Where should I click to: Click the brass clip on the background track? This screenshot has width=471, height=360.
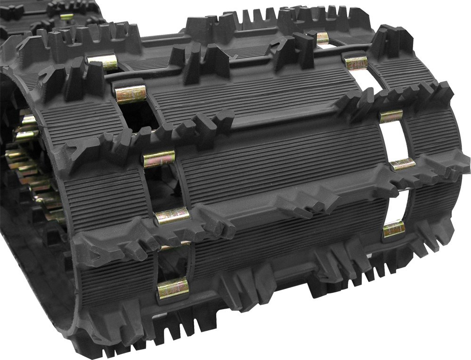pyautogui.click(x=67, y=17)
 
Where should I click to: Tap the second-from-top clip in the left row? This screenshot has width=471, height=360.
pyautogui.click(x=131, y=95)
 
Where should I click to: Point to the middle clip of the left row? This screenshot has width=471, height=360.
pyautogui.click(x=159, y=159)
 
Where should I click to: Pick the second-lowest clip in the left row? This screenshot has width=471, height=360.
pyautogui.click(x=172, y=216)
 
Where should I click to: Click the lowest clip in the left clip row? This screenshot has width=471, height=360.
pyautogui.click(x=173, y=288)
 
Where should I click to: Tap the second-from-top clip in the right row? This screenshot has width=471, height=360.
pyautogui.click(x=357, y=62)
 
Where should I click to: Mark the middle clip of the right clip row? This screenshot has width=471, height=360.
pyautogui.click(x=391, y=116)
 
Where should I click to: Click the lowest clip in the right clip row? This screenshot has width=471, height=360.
pyautogui.click(x=394, y=228)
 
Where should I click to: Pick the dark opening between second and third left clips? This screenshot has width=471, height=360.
pyautogui.click(x=141, y=118)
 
